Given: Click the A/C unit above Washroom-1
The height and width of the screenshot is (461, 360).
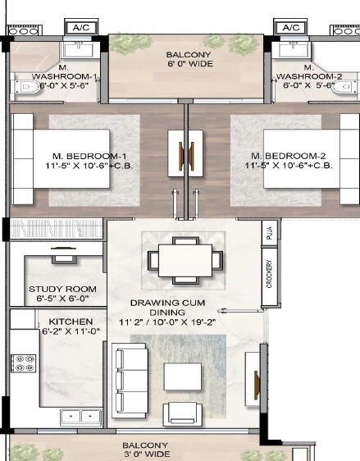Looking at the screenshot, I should click(81, 28).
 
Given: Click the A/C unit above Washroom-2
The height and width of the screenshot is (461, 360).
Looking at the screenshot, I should click(291, 28).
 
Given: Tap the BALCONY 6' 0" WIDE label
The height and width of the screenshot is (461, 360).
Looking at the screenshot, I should click(186, 60).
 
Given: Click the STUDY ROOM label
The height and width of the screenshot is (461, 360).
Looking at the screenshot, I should click(62, 294).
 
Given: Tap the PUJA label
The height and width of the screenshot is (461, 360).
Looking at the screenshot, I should click(267, 231).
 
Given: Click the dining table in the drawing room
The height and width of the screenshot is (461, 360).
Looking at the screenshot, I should click(185, 259).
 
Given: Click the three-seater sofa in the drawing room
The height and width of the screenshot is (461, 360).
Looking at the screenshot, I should click(130, 380).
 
